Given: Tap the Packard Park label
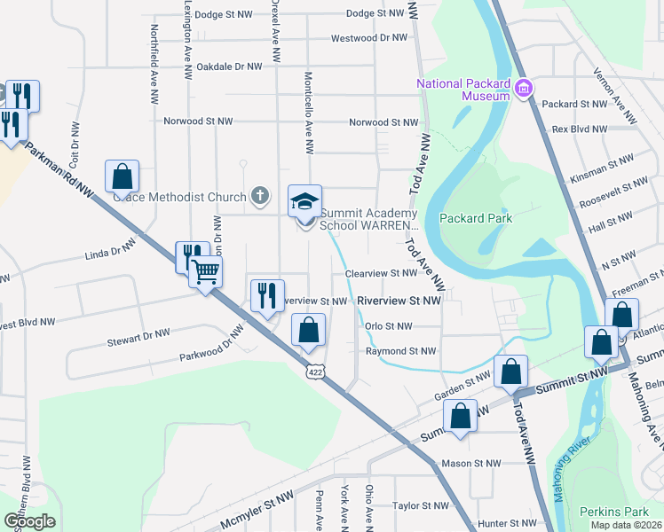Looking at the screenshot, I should coord(475,216).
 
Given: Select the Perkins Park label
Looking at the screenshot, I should coord(610,512).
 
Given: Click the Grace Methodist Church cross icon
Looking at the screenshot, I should coord(259,195).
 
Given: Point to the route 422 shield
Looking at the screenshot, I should coord(316,374).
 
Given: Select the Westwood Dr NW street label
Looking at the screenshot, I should coord(368,38).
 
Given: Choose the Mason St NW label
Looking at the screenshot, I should coord(471,463).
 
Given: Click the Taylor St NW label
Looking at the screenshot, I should coord(423,506).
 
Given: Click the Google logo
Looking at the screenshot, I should coord(29,521).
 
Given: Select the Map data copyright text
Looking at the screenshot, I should coord(626,525).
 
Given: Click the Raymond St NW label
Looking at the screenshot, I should coord(401,352).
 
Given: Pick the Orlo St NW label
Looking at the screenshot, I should coord(389,325).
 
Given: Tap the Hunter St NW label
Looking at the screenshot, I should coord(504,525).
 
